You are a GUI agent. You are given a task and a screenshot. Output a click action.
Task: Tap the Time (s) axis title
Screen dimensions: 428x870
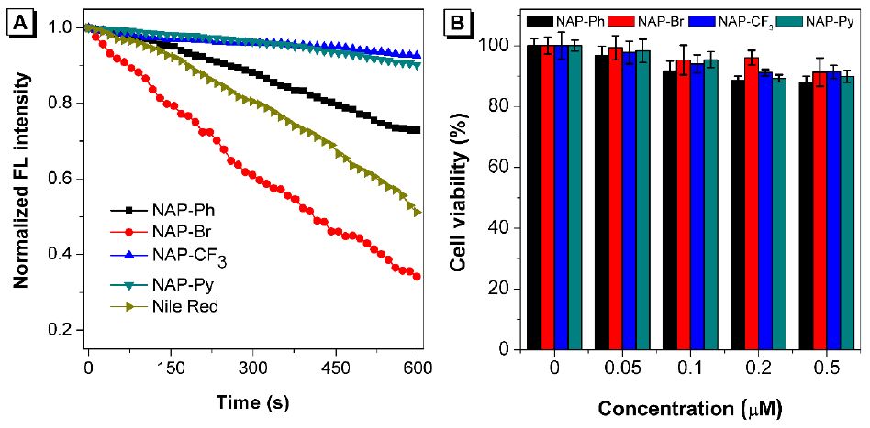pyautogui.click(x=252, y=401)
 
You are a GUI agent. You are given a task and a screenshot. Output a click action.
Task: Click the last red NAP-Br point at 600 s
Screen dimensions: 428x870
pyautogui.click(x=418, y=276)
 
